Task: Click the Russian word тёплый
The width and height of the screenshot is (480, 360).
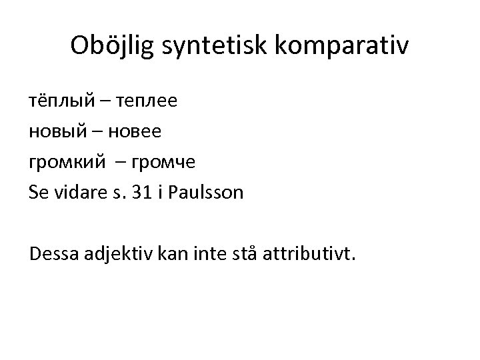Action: click(59, 102)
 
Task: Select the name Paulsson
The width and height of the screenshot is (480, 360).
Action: click(207, 192)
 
